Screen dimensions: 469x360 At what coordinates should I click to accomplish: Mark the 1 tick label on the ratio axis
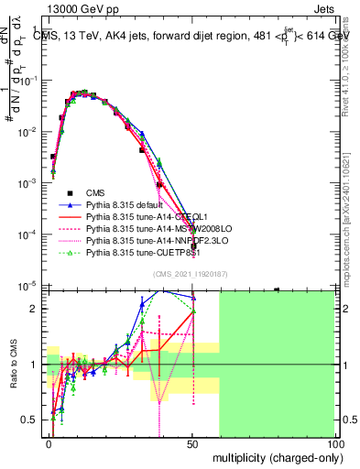coord(35,365)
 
